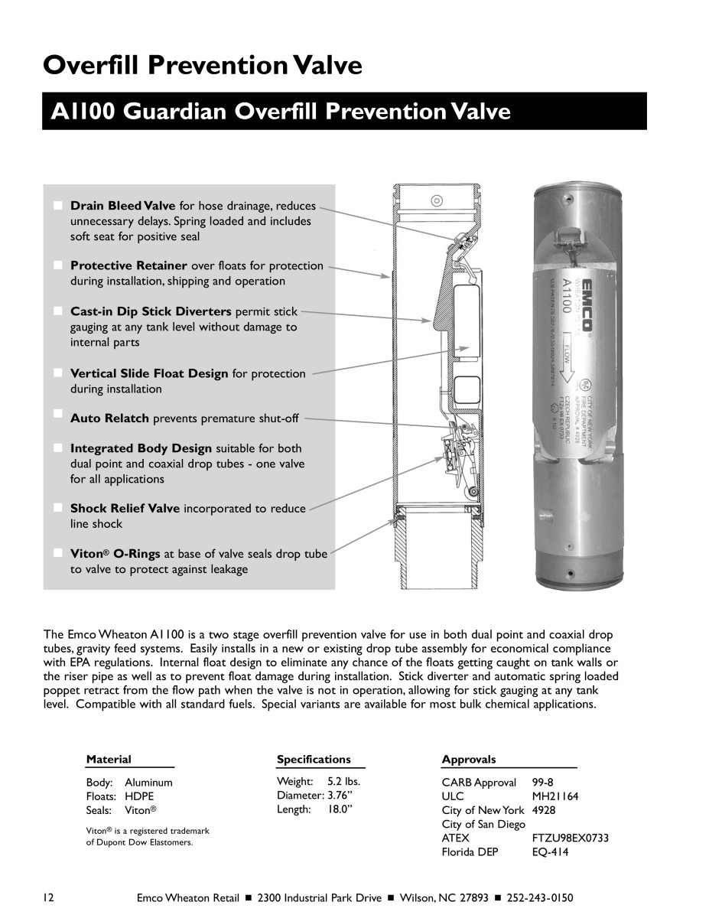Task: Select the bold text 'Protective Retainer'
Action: click(x=128, y=265)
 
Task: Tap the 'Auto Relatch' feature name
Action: click(x=110, y=418)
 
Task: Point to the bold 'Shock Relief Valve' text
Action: click(x=125, y=508)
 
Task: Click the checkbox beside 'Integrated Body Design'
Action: click(x=58, y=448)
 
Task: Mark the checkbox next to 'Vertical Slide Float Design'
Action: click(x=58, y=373)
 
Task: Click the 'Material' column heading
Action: click(x=108, y=760)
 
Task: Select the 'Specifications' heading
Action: click(x=314, y=760)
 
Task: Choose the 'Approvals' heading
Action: click(x=468, y=760)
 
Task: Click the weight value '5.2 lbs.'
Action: click(x=343, y=782)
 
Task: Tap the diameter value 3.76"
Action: click(x=337, y=796)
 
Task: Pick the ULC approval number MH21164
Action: click(x=555, y=796)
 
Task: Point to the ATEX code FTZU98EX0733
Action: click(x=570, y=838)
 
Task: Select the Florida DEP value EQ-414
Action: click(x=550, y=851)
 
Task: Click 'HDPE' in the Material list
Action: click(x=139, y=796)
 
